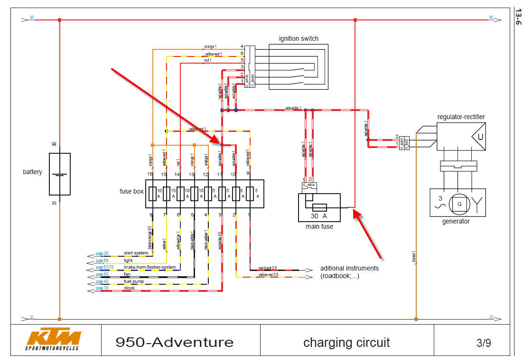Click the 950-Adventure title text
coord(174,342)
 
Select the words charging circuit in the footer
coord(346,342)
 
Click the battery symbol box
coord(60,174)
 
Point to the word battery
coord(32,172)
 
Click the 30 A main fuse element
coord(319,207)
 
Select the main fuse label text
coord(319,226)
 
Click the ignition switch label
coord(299,38)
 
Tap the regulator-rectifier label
coord(461,117)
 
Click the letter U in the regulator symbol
coord(480,137)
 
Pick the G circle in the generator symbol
coord(459,204)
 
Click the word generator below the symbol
coord(455,221)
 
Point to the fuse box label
coord(131,192)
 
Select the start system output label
coord(136,253)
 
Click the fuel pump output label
coord(134,281)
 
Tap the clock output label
coord(129,288)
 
